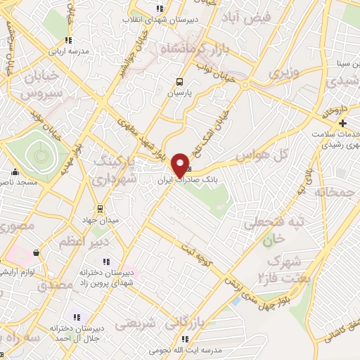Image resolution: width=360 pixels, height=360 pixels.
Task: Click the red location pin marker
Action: (180, 165)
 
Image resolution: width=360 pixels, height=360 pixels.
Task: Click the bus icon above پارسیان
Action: (180, 81)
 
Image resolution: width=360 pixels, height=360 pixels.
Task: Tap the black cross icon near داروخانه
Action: (342, 123)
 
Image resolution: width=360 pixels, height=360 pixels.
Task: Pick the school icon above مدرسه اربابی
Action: (67, 40)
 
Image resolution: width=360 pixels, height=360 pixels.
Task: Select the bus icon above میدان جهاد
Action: (100, 208)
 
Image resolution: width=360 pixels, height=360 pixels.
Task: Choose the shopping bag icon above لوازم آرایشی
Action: (35, 252)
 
